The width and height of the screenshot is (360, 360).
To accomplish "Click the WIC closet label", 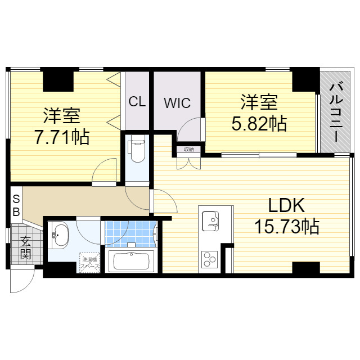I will [x=177, y=103].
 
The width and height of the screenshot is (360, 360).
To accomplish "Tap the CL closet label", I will [x=137, y=102].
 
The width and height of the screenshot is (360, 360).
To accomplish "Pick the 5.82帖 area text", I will [x=259, y=122].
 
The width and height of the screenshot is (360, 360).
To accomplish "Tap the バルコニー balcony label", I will [x=336, y=110].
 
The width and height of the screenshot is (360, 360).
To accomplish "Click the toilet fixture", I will [x=137, y=151].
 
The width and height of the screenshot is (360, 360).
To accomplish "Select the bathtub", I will [x=130, y=262].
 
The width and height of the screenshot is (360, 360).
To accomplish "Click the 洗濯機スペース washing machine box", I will [x=89, y=262].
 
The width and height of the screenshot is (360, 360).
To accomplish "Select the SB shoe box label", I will [x=16, y=205].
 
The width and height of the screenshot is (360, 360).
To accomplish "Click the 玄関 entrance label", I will [x=26, y=247].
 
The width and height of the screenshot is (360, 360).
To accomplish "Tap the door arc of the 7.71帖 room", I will [x=105, y=171].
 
